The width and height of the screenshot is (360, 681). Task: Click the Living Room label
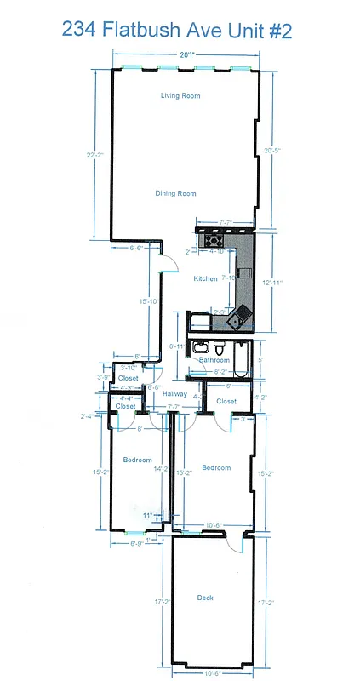point(180,95)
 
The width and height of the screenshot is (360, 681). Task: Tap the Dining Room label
point(175,194)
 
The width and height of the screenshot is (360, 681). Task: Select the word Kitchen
point(205,279)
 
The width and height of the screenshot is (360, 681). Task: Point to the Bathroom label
point(214,360)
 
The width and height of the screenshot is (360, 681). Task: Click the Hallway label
point(174,393)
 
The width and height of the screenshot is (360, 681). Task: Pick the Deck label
point(205,598)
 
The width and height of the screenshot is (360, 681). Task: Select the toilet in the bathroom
point(220,347)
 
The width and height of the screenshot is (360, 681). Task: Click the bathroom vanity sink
point(201,346)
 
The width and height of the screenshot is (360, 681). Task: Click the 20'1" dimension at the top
point(186,54)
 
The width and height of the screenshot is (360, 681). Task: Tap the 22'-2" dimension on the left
point(94,155)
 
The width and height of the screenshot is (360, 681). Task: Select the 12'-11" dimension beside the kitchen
point(271,282)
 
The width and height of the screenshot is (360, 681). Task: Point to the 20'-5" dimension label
point(271,150)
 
